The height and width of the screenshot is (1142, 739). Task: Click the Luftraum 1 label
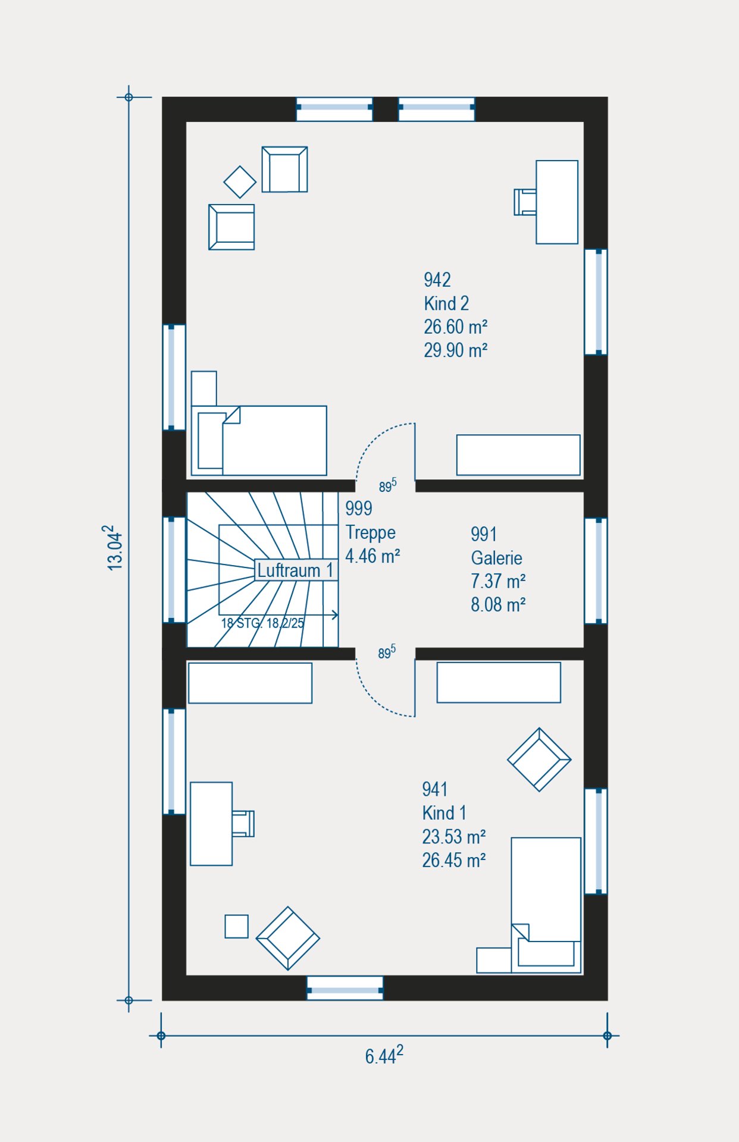[295, 570]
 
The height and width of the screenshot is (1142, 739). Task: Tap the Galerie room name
[496, 558]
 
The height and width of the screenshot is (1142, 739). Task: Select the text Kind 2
[446, 303]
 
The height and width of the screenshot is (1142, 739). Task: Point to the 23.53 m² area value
[454, 837]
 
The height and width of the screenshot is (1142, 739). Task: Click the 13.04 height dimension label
[114, 548]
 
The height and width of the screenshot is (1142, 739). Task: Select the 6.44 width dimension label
[384, 1055]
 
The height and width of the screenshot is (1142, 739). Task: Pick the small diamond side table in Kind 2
[240, 182]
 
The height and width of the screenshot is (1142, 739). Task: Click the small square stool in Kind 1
[236, 926]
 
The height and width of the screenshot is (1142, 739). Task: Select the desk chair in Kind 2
[525, 202]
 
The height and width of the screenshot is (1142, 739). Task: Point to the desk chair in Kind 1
[243, 824]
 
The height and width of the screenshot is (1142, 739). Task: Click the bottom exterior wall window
[345, 988]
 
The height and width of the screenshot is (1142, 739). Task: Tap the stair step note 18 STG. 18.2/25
[262, 623]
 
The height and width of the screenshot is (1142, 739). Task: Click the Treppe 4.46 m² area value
[372, 556]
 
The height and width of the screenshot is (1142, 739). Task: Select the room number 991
[484, 534]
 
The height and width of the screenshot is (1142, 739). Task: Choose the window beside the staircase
[174, 570]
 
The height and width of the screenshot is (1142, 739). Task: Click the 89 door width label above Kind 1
[387, 652]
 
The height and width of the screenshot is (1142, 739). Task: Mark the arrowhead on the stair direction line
[335, 615]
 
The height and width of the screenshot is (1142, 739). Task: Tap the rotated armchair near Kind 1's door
[539, 760]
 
